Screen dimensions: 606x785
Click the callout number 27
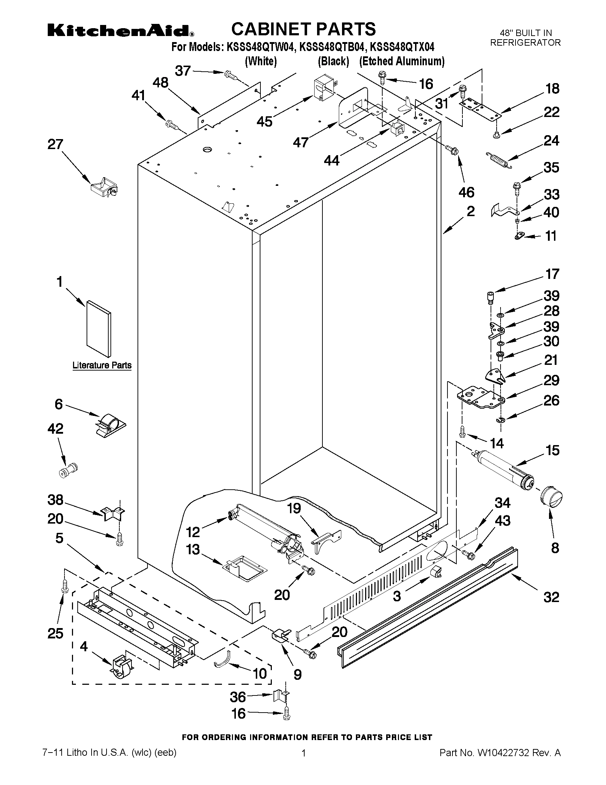coord(55,144)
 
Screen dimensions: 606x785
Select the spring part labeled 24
coord(498,159)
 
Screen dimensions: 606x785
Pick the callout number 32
coord(551,597)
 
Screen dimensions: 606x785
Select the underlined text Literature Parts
coord(102,365)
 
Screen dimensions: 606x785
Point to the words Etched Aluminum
coord(402,61)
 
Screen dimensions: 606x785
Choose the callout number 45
coord(265,122)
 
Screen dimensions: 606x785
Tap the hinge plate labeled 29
coord(481,398)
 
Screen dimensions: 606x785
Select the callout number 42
coord(55,428)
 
